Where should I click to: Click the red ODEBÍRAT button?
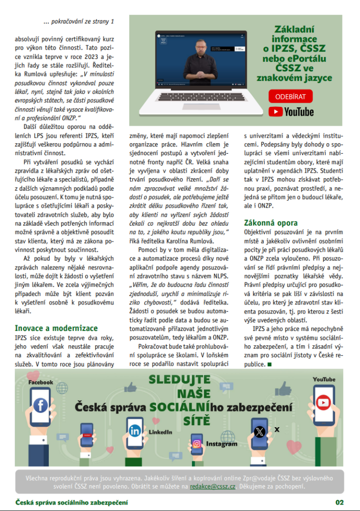(x=291, y=96)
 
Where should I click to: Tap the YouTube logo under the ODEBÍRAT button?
(x=291, y=111)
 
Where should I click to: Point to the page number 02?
(x=340, y=502)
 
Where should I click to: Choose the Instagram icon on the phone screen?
(x=197, y=444)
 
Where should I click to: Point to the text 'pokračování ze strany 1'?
(x=79, y=21)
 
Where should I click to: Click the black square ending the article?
(x=270, y=364)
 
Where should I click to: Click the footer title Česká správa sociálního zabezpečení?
(x=72, y=502)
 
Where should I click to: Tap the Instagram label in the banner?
(x=222, y=444)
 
